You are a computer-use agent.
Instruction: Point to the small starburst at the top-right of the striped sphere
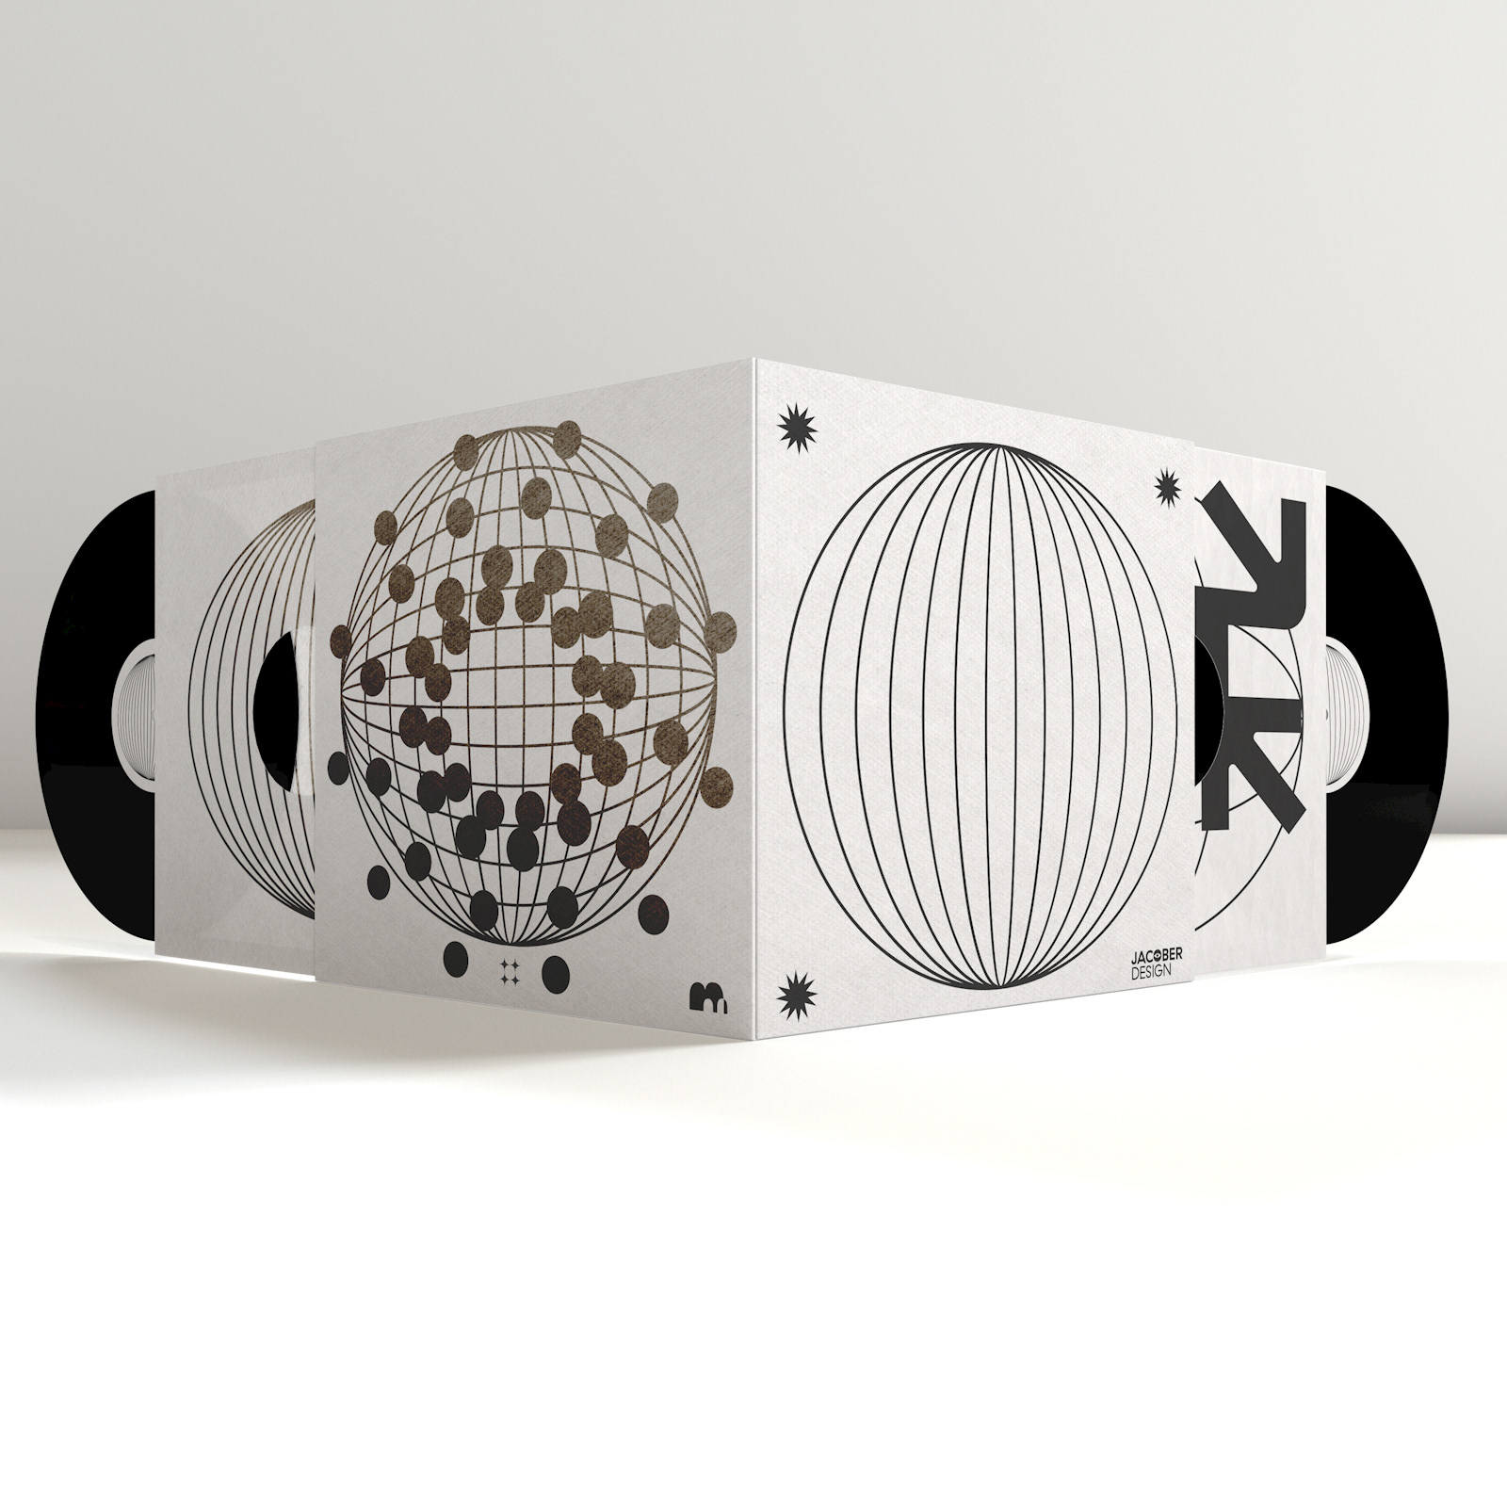(1167, 485)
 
